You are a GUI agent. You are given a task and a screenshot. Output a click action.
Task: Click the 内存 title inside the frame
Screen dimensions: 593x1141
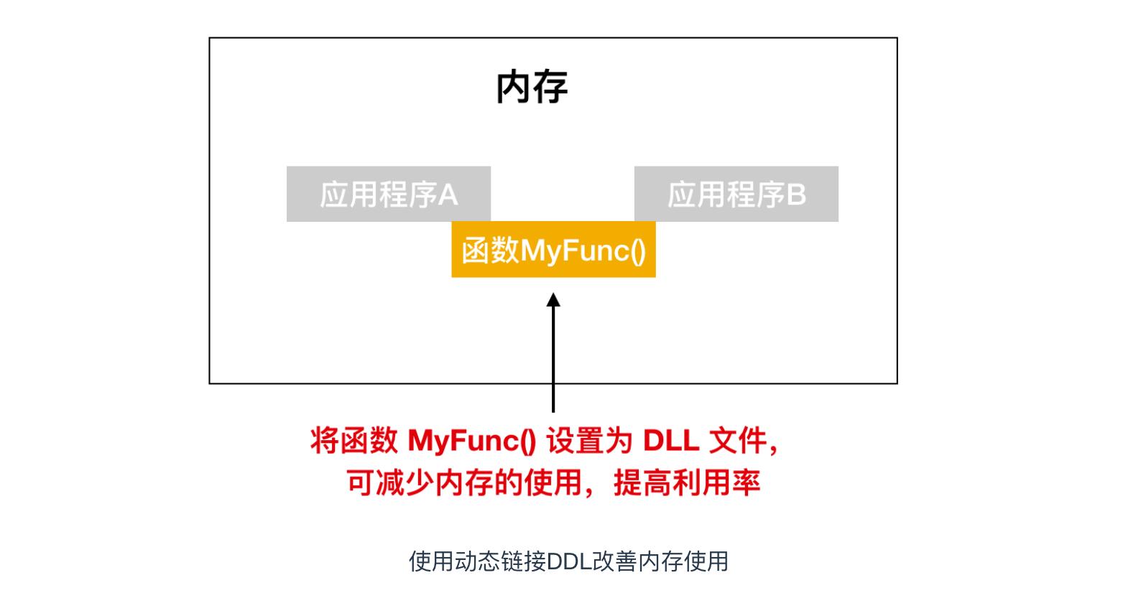(532, 87)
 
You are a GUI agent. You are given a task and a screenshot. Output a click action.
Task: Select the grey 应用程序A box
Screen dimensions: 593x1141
(388, 194)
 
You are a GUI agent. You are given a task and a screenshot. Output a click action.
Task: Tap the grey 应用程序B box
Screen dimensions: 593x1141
(736, 194)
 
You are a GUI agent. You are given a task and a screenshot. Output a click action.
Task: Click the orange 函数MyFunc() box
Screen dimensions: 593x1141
(553, 250)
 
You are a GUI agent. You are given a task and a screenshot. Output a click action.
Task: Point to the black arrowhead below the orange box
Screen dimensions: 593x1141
(553, 299)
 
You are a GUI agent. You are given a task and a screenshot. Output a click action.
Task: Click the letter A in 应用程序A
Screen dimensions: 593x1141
(448, 195)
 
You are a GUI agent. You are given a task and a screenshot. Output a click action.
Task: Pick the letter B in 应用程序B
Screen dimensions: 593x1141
(796, 195)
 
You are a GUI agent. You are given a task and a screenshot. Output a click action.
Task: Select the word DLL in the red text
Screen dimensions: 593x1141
(671, 440)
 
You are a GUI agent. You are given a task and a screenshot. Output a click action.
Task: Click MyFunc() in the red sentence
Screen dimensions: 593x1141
(472, 440)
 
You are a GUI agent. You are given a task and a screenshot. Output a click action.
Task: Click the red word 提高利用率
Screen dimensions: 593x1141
(687, 483)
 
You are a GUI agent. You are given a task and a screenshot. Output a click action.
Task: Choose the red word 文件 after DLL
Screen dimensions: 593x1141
(737, 440)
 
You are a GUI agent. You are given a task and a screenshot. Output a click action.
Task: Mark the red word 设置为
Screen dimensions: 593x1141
(589, 440)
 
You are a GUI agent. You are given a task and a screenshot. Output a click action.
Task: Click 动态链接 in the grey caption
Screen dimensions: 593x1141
(500, 561)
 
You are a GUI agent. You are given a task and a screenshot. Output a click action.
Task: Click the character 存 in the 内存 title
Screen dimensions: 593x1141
(550, 87)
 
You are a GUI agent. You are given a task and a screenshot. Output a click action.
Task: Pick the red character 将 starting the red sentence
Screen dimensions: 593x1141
(325, 440)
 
